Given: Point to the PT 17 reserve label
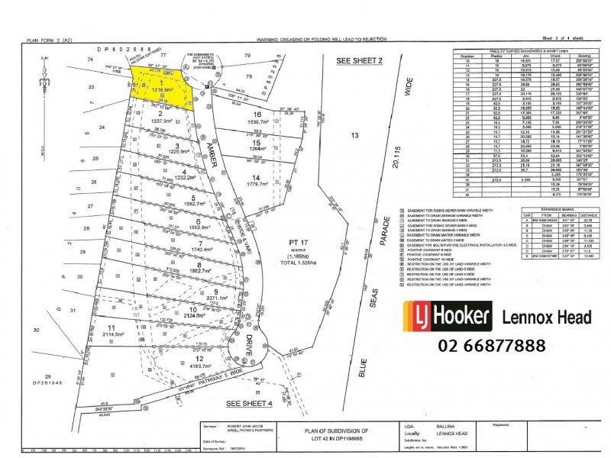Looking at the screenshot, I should tap(294, 245).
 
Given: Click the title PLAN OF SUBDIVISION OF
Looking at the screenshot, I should tap(325, 431).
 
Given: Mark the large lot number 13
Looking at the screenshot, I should tap(353, 134).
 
